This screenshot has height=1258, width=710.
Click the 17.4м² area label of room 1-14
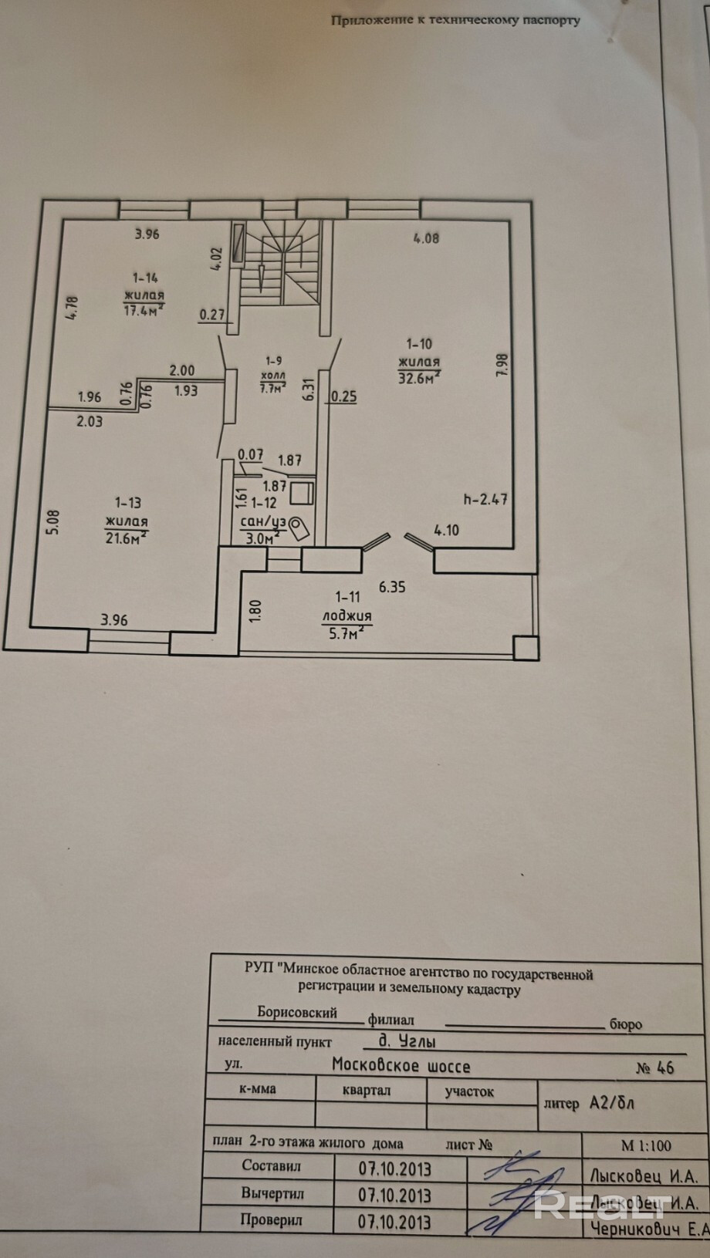pyautogui.click(x=144, y=310)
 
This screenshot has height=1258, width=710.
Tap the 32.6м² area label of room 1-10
pyautogui.click(x=419, y=377)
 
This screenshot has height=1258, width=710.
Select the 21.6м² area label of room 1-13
pyautogui.click(x=127, y=537)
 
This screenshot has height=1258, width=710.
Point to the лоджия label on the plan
pyautogui.click(x=347, y=616)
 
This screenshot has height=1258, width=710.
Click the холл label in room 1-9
pyautogui.click(x=274, y=373)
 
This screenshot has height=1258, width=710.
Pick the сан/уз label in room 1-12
pyautogui.click(x=263, y=521)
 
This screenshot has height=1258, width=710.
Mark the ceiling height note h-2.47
pyautogui.click(x=485, y=498)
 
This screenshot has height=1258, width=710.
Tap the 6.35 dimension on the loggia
pyautogui.click(x=392, y=587)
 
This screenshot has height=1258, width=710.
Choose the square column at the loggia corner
pyautogui.click(x=526, y=648)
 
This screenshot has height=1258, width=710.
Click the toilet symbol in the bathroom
pyautogui.click(x=299, y=528)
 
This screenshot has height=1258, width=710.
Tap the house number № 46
pyautogui.click(x=654, y=1068)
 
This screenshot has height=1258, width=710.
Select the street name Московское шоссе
pyautogui.click(x=401, y=1066)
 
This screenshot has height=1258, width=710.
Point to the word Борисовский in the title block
pyautogui.click(x=297, y=1013)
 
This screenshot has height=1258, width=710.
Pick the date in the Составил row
pyautogui.click(x=394, y=1169)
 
